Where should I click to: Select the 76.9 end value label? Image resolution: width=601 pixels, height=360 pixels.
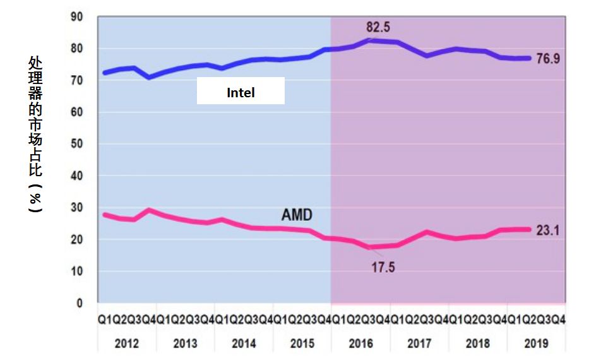point(549,59)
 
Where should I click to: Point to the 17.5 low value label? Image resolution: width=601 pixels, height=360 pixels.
point(383,267)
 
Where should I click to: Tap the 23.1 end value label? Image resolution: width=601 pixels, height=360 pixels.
point(548,231)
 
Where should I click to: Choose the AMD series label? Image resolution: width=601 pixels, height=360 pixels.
point(297,215)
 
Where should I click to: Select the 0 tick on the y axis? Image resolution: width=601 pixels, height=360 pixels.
point(80,303)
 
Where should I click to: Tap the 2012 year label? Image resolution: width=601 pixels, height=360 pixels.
point(126,344)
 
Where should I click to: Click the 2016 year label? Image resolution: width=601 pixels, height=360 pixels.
point(360,344)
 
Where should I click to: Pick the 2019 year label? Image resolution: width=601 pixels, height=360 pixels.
point(536,344)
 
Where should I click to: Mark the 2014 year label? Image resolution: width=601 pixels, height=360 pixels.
point(244,344)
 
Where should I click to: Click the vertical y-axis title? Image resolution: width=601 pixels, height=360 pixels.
point(35,135)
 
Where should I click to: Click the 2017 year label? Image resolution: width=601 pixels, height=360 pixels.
point(419,344)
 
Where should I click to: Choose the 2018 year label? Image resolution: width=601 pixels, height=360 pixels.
point(478,344)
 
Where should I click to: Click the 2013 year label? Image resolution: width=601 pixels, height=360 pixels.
point(185,344)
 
